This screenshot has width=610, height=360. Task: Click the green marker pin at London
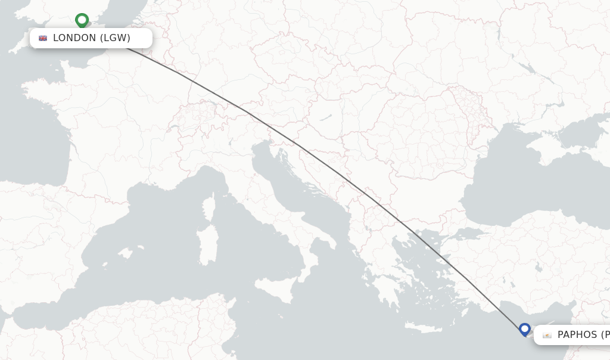pos(82,20)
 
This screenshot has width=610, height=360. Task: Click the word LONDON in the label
pos(74,38)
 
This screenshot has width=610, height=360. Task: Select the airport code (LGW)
pos(115,38)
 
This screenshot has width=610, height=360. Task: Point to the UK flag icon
pos(43,38)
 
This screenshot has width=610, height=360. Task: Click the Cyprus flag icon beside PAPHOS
pos(547,335)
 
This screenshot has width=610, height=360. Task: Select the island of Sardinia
pos(208,244)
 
